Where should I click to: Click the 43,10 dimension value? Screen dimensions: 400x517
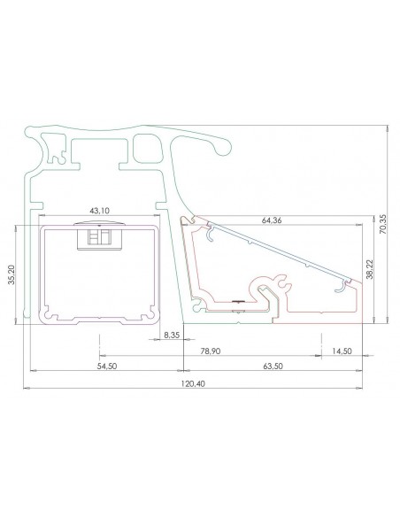point(99,211)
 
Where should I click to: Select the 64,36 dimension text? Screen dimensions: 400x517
point(272,220)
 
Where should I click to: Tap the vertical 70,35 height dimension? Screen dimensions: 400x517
point(382,224)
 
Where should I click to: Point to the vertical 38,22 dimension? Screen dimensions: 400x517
point(370,269)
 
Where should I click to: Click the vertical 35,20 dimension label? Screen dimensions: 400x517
point(12,274)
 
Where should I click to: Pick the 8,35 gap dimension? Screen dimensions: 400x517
point(172,335)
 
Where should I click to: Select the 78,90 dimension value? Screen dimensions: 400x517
point(211,351)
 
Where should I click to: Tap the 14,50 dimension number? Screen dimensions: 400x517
point(342,351)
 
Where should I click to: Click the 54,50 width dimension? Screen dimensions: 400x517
point(107,366)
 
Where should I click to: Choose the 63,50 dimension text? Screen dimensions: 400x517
point(273,366)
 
